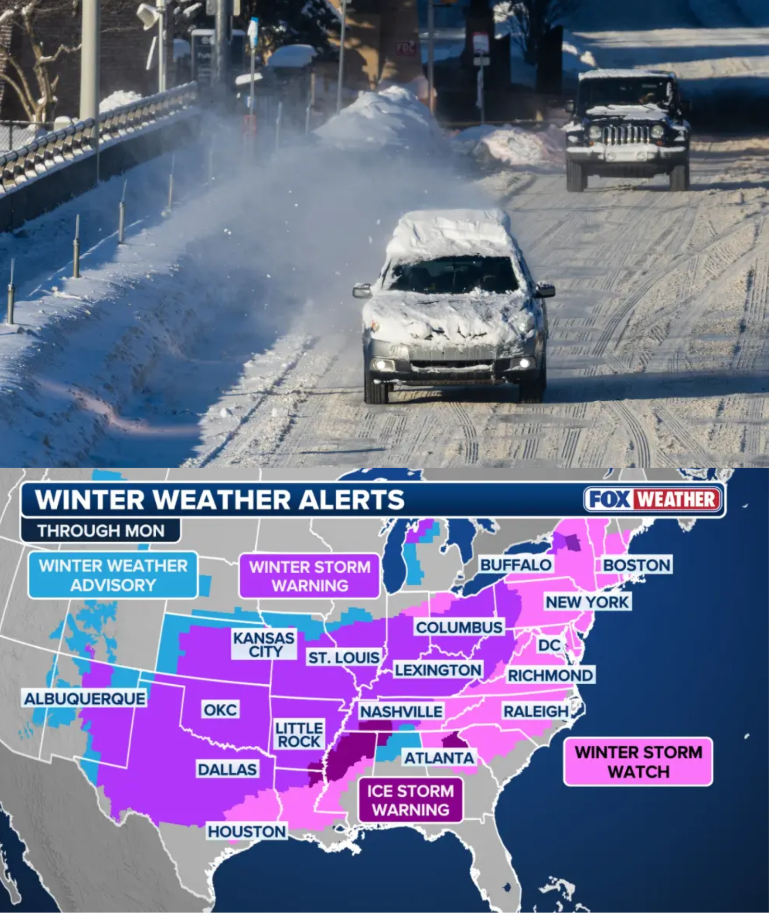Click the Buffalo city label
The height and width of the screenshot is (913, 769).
pyautogui.click(x=516, y=565)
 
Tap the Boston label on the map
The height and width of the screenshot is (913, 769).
pyautogui.click(x=637, y=565)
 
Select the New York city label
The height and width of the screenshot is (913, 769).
pyautogui.click(x=587, y=602)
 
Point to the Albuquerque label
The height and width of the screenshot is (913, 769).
pyautogui.click(x=85, y=698)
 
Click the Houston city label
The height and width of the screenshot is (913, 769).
pyautogui.click(x=247, y=831)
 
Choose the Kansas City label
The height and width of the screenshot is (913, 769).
pyautogui.click(x=264, y=644)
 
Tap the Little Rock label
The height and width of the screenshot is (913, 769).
pyautogui.click(x=299, y=735)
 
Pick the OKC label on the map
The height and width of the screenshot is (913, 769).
pyautogui.click(x=220, y=710)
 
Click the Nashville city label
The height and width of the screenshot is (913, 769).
pyautogui.click(x=401, y=712)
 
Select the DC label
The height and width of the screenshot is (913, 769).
pyautogui.click(x=549, y=645)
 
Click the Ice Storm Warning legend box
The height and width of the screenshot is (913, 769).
pyautogui.click(x=410, y=800)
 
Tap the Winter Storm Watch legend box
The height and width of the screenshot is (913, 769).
pyautogui.click(x=638, y=762)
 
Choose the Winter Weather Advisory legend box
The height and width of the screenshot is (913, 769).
pyautogui.click(x=113, y=575)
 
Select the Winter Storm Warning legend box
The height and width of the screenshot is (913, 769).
pyautogui.click(x=310, y=576)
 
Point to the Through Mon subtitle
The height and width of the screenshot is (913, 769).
pyautogui.click(x=101, y=531)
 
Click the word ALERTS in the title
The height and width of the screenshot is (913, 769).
pyautogui.click(x=351, y=499)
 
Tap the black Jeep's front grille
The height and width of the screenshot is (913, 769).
pyautogui.click(x=626, y=135)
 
